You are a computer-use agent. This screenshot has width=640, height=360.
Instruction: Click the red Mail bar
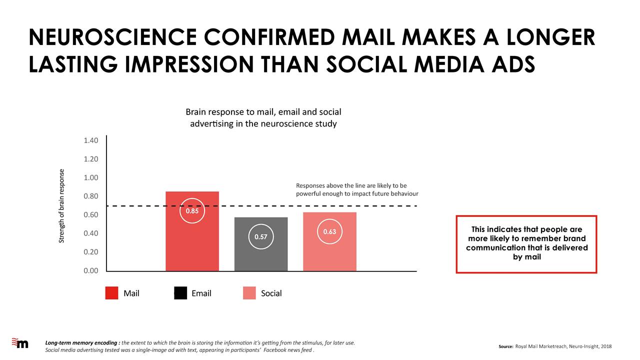tap(192, 231)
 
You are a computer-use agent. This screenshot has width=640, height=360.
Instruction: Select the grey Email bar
tap(261, 244)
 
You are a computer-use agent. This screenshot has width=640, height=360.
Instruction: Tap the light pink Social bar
tap(329, 241)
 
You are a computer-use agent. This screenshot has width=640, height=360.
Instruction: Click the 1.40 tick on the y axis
tap(91, 140)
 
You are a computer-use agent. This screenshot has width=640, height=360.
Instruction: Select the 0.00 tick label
tap(91, 270)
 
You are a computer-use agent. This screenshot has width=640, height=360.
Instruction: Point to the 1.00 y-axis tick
tap(91, 177)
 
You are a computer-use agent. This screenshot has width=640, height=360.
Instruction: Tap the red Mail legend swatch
tap(111, 293)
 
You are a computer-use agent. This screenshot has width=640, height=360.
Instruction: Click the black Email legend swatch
tap(180, 293)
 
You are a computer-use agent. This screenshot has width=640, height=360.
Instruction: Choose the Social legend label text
tap(271, 293)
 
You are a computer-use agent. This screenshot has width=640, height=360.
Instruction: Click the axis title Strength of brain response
tap(61, 206)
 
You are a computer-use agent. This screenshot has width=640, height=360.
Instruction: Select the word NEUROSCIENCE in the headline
tap(113, 37)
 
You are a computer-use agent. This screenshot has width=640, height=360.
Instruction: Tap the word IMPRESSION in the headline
tap(189, 64)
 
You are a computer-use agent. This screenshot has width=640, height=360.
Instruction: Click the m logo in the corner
tap(20, 343)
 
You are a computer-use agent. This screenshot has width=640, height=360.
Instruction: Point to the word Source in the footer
tap(506, 346)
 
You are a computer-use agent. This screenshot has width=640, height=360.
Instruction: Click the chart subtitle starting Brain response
tap(263, 117)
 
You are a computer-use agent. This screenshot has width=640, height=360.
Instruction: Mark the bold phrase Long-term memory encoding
tap(81, 343)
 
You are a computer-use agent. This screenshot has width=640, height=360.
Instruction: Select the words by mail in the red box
tap(527, 257)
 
